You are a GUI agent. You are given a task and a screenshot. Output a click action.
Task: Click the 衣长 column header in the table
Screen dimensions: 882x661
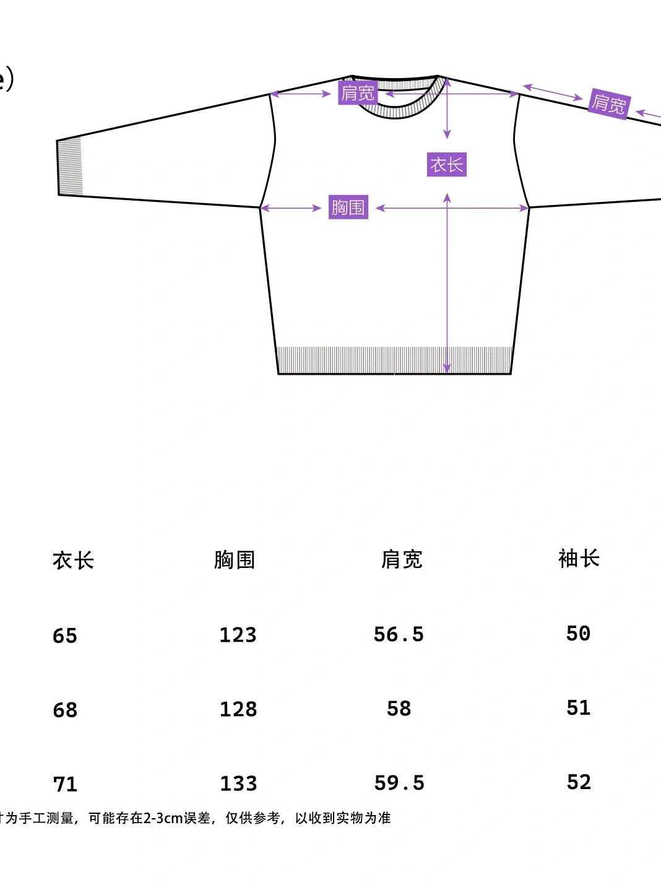click(73, 561)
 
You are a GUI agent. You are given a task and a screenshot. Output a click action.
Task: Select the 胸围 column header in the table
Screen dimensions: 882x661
click(235, 559)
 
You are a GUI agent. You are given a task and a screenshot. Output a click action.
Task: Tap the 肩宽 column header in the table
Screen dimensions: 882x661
click(401, 559)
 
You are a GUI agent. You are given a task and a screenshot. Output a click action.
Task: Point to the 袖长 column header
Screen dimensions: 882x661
click(579, 558)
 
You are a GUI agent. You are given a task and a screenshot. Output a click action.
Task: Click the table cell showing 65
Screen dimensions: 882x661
click(65, 635)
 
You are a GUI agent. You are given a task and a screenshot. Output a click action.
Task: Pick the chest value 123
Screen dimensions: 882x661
click(238, 635)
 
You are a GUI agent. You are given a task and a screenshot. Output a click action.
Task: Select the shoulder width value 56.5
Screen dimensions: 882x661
click(399, 634)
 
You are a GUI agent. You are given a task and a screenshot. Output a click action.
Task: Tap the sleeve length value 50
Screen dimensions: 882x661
click(578, 633)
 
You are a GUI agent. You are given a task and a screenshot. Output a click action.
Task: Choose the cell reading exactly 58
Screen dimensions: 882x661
click(399, 709)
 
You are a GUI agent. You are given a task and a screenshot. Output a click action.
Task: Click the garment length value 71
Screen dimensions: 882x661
click(65, 784)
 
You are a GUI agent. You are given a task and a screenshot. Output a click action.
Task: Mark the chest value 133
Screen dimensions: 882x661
click(238, 784)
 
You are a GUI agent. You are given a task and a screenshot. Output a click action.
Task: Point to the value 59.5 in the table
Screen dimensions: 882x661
click(399, 783)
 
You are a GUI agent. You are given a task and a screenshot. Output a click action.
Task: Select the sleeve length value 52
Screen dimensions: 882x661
click(579, 782)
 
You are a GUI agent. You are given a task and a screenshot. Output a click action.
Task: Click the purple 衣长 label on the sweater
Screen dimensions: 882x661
click(446, 165)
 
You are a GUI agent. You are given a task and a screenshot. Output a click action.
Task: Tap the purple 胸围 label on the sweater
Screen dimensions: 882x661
click(348, 207)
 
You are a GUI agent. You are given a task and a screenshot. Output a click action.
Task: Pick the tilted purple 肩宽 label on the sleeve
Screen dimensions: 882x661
click(608, 103)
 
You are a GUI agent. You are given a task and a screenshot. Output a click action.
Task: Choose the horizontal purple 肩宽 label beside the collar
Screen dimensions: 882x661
click(358, 93)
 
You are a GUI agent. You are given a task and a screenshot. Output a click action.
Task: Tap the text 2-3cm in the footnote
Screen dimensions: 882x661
click(163, 818)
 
